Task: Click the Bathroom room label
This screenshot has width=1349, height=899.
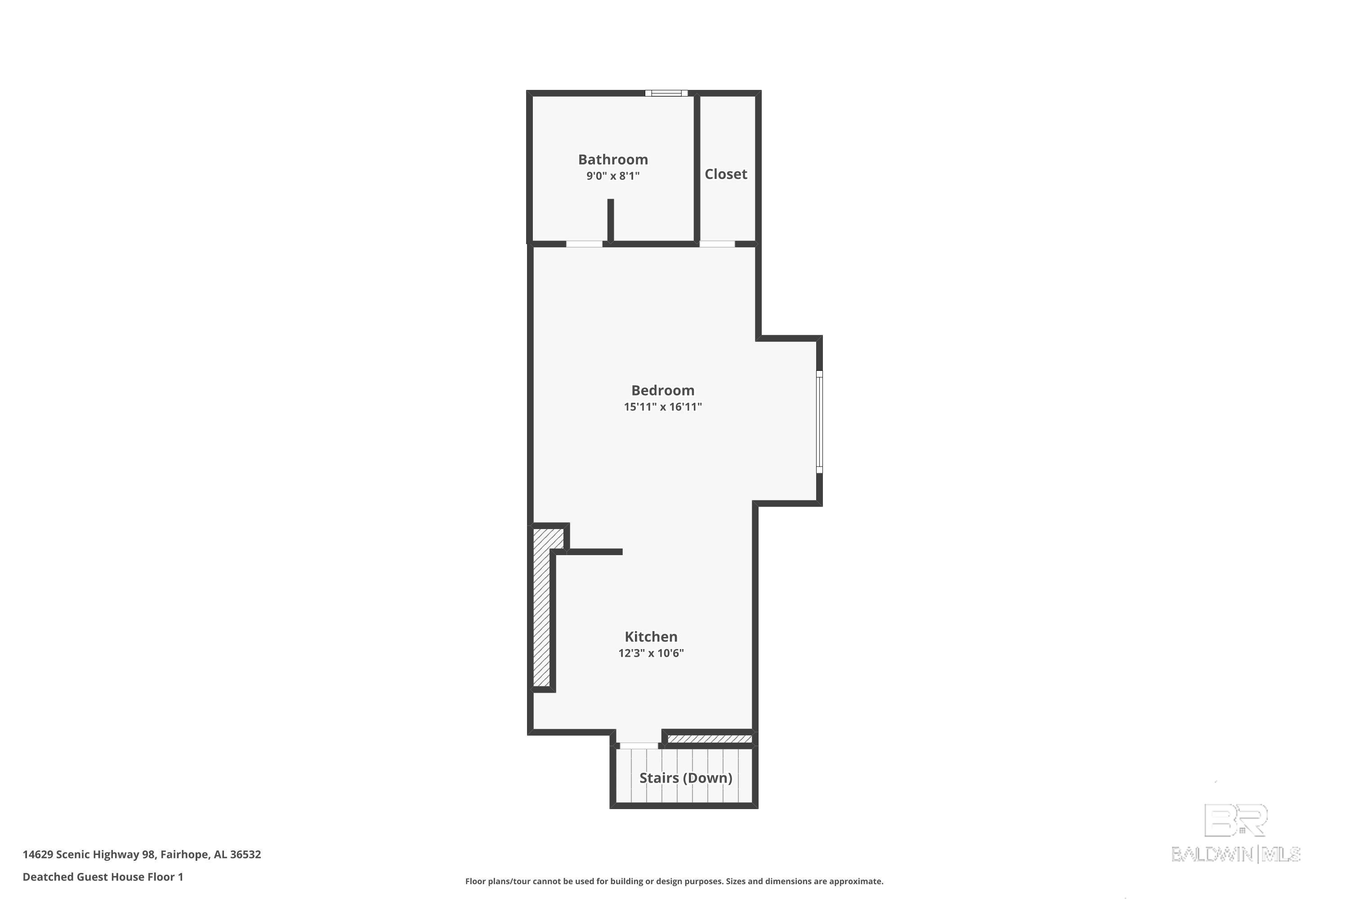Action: click(x=612, y=160)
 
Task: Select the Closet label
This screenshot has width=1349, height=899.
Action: click(x=726, y=174)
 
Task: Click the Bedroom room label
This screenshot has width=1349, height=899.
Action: click(x=662, y=391)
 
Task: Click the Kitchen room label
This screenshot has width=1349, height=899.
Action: click(x=650, y=636)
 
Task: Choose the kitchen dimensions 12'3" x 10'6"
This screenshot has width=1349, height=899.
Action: click(x=650, y=653)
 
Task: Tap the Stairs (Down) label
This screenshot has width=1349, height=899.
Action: click(x=685, y=778)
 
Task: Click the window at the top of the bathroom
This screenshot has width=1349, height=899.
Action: click(x=666, y=93)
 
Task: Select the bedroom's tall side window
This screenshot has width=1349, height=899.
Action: click(x=819, y=422)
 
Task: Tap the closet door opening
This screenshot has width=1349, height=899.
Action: click(x=717, y=244)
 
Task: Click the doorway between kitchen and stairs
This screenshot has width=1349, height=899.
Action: click(x=639, y=745)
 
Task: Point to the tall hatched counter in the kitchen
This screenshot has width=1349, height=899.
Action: click(x=541, y=608)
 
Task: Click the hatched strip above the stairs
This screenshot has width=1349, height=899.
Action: click(x=710, y=739)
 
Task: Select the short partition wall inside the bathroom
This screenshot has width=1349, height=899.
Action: click(x=610, y=220)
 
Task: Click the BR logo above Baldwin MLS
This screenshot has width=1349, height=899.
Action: click(x=1235, y=820)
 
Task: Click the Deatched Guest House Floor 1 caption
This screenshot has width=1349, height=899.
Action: click(x=103, y=877)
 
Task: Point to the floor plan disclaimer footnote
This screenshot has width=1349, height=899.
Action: click(x=674, y=881)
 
